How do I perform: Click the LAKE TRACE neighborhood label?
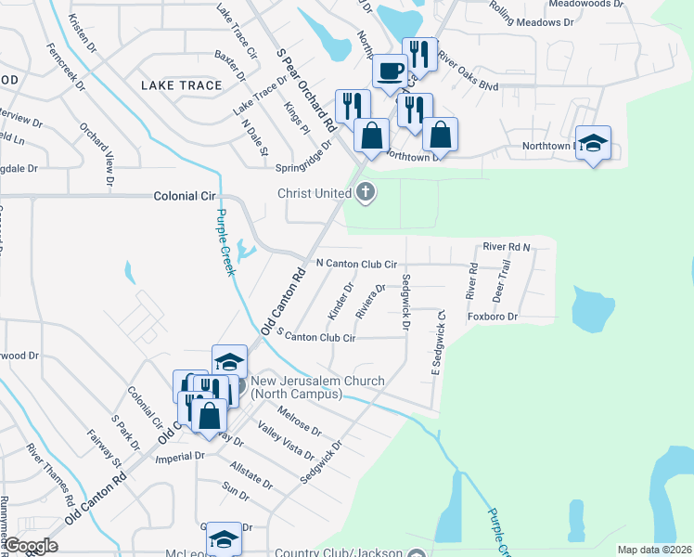click(x=182, y=85)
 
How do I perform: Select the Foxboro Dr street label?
click(x=492, y=317)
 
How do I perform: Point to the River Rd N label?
click(x=506, y=247)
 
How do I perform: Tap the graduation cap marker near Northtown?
click(x=593, y=143)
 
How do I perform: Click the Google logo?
click(x=31, y=546)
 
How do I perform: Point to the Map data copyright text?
click(x=653, y=549)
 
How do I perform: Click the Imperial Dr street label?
click(x=180, y=456)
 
